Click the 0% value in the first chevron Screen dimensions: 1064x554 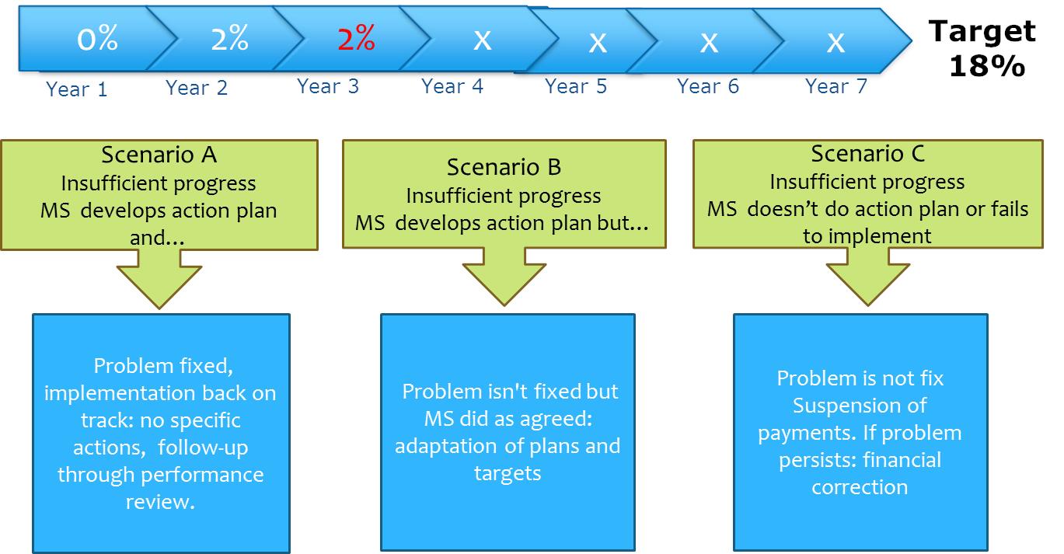pos(97,38)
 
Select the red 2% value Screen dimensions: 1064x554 pos(356,38)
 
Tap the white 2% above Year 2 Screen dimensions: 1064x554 pos(230,38)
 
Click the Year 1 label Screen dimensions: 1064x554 pos(76,89)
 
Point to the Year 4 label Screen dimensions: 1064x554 pos(452,86)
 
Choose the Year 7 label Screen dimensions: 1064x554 pos(836,86)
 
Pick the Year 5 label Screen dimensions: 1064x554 pos(576,86)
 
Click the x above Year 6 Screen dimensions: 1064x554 pos(709,44)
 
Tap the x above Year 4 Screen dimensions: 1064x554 pos(482,41)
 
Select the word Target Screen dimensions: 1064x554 pos(982,33)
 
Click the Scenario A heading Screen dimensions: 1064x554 pos(159,155)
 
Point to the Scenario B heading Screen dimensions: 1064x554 pos(504,167)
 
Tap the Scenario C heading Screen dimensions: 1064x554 pos(868,153)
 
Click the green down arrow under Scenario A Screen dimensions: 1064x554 pos(159,279)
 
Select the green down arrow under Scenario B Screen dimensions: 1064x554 pos(504,277)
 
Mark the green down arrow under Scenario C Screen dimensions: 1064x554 pos(868,277)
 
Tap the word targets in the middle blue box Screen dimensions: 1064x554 pos(508,473)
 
